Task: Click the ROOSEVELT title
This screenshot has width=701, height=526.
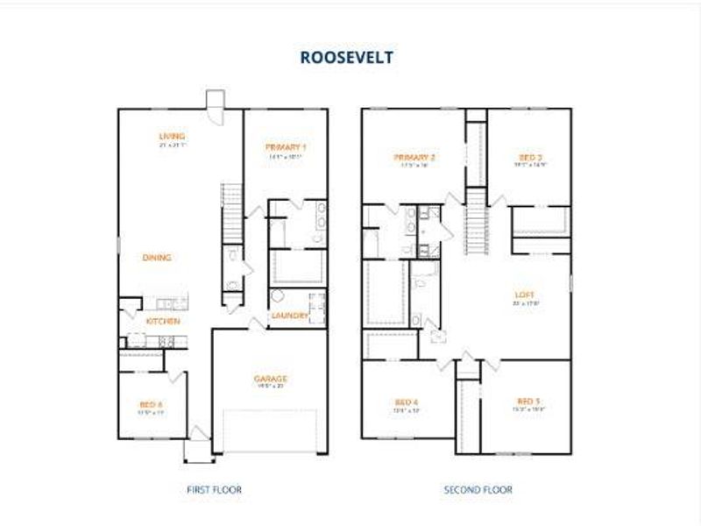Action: click(x=347, y=58)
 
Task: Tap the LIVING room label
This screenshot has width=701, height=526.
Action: click(x=172, y=136)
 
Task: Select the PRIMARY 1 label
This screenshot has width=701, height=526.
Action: click(x=286, y=147)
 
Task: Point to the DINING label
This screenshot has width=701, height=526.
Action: click(x=156, y=258)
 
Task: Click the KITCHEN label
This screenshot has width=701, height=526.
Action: click(x=163, y=322)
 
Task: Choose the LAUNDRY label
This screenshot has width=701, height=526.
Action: click(x=288, y=316)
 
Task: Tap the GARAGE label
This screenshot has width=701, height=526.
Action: click(x=272, y=379)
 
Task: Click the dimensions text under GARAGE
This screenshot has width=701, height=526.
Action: click(x=272, y=387)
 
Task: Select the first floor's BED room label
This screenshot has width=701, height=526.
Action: click(x=151, y=404)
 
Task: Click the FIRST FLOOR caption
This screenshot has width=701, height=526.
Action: click(x=215, y=489)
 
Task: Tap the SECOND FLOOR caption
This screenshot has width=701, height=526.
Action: click(x=478, y=489)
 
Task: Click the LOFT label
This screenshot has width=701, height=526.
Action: click(x=525, y=295)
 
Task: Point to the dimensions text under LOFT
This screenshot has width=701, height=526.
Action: click(x=525, y=303)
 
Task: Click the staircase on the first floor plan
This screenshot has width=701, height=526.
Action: click(x=231, y=211)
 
